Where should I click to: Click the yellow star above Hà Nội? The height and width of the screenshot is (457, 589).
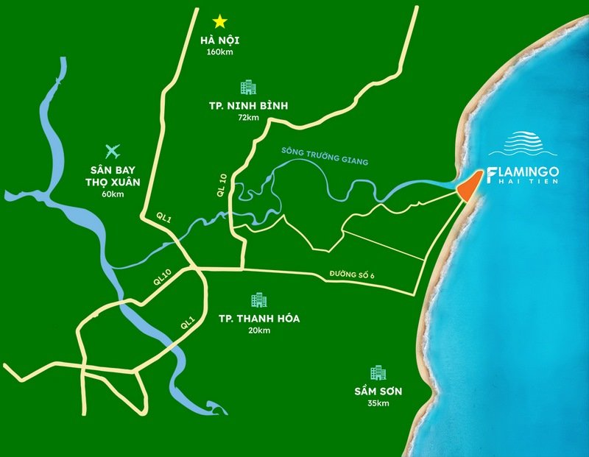[220, 21]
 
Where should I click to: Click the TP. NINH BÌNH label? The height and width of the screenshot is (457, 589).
[249, 106]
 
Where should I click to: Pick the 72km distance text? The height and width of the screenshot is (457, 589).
[249, 118]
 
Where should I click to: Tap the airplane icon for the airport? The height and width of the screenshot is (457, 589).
[113, 152]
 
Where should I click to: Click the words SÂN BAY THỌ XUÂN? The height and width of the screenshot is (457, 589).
[113, 175]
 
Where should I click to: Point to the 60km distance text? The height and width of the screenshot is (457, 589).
[113, 194]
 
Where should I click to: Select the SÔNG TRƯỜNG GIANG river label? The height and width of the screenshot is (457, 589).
[325, 157]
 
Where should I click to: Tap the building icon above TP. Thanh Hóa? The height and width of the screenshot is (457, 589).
[258, 300]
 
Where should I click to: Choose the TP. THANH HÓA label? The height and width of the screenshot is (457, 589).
[259, 319]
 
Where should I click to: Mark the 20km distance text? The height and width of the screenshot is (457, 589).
[259, 330]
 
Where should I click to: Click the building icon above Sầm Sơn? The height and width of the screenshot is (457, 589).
[378, 372]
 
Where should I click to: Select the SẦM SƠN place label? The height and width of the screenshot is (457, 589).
[378, 391]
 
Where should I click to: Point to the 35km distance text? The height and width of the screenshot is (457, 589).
[378, 403]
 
